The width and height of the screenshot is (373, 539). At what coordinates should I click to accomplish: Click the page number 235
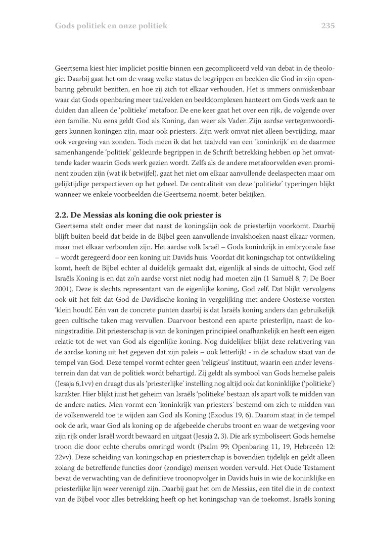click(x=328, y=25)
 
